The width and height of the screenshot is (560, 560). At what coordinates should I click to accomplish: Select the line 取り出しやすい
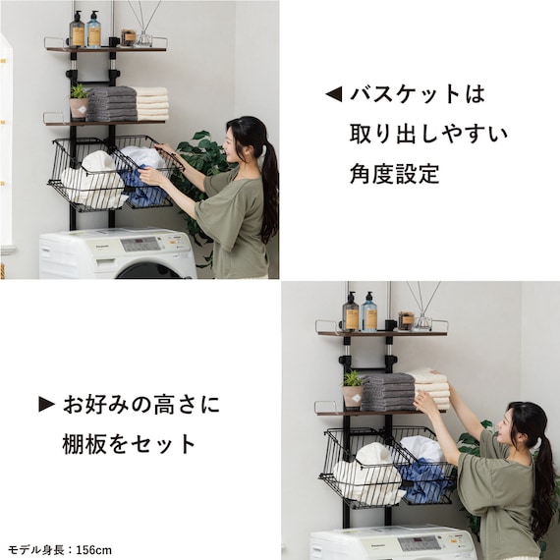coord(428,134)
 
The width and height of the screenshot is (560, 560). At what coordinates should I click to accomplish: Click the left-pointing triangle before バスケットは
coord(333,94)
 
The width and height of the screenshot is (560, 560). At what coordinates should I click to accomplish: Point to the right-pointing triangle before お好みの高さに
coord(46,404)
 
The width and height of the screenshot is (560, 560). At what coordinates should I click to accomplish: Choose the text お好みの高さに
coord(142,404)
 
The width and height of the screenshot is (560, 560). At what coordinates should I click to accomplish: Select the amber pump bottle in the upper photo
coord(78,30)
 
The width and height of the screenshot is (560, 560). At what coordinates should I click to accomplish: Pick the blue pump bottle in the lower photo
coord(369,313)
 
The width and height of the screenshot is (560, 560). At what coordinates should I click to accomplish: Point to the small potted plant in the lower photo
coord(352,387)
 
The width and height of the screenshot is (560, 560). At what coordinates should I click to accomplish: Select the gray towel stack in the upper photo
coord(110,103)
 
